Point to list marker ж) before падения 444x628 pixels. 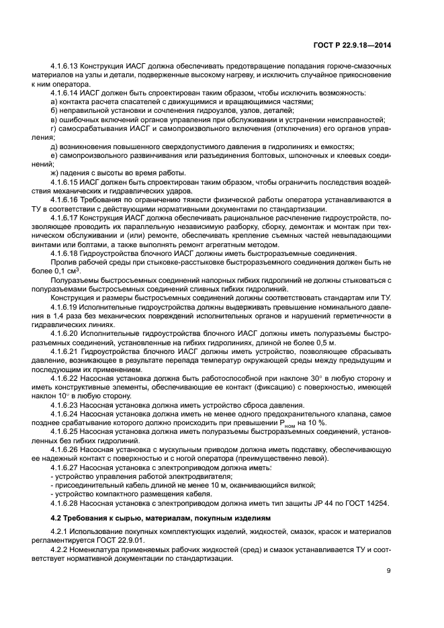[x=55, y=172]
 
